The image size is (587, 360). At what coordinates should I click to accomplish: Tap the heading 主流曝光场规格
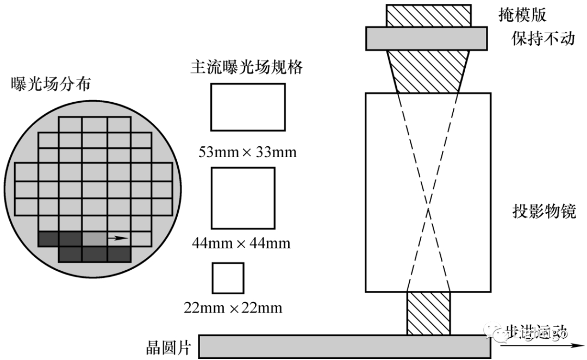(246, 67)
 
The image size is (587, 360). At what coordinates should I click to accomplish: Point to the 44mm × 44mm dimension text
(241, 243)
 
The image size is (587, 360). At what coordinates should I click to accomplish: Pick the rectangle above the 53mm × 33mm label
(248, 107)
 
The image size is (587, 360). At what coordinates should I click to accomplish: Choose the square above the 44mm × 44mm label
(243, 198)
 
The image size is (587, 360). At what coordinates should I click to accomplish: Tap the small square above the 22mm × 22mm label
(228, 278)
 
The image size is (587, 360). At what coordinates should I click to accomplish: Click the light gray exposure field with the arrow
(95, 238)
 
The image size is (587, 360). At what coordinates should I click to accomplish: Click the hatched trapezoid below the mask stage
(428, 71)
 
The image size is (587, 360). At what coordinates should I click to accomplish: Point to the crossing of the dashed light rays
(429, 208)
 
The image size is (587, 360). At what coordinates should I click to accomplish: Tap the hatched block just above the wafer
(428, 313)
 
